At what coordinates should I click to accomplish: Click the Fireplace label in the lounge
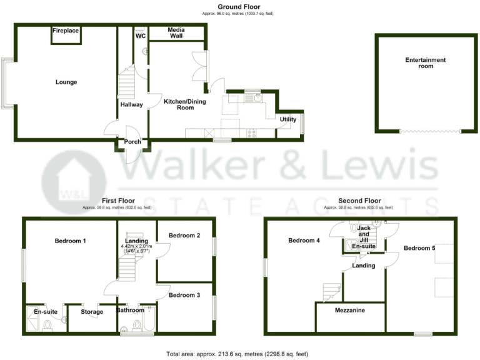(x=65, y=29)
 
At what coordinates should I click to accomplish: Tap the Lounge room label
(x=66, y=82)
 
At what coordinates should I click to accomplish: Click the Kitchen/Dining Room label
(x=184, y=104)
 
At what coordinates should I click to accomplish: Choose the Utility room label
(x=288, y=119)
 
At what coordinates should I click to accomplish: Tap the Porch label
(x=132, y=142)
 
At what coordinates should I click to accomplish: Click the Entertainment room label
(x=425, y=63)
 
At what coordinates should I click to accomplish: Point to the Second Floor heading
(x=358, y=201)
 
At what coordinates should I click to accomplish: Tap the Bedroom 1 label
(x=70, y=241)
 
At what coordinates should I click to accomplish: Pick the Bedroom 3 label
(x=184, y=295)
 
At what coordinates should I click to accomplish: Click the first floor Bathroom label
(x=131, y=310)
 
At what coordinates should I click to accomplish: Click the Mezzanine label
(x=350, y=310)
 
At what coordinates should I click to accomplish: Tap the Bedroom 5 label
(x=419, y=248)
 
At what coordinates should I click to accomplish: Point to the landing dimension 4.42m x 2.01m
(x=137, y=246)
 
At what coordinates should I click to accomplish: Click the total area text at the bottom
(x=237, y=354)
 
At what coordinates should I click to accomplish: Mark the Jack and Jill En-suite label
(x=364, y=238)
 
